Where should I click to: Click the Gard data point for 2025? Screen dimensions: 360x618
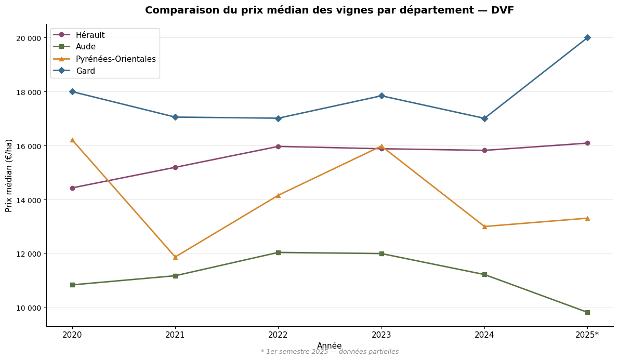point(587,37)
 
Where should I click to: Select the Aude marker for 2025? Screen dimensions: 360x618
point(587,312)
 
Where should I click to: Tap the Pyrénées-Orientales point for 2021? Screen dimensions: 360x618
point(175,257)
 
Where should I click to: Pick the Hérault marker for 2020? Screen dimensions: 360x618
point(72,188)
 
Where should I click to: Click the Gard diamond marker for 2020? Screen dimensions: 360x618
point(72,91)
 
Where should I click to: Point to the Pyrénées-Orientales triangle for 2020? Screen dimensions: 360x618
point(72,140)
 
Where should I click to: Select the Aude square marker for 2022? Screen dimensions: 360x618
point(278,252)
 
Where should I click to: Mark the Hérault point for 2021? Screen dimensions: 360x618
point(175,167)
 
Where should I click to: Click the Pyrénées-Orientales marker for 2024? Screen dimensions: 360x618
point(484,226)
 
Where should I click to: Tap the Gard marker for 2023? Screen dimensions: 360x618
point(381,96)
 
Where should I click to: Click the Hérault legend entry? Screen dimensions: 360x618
point(90,35)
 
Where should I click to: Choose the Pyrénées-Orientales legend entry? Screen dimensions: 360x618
point(115,59)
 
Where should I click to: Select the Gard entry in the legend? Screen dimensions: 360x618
point(85,71)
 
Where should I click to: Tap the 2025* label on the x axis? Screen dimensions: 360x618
point(587,335)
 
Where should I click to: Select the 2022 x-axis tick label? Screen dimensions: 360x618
point(278,335)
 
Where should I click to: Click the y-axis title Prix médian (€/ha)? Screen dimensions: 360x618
point(9,175)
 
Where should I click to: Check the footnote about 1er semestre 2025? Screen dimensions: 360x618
point(330,352)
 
